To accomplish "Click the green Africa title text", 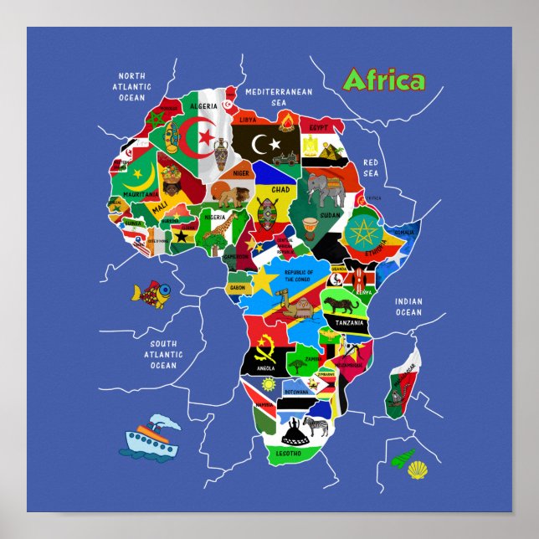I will point(383,80).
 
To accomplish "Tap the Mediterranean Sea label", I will point(278,96).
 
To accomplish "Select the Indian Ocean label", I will point(408,306).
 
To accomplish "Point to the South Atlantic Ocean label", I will point(163,354).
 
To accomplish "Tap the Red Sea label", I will point(371,167).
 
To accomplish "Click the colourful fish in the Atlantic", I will point(151,294).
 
